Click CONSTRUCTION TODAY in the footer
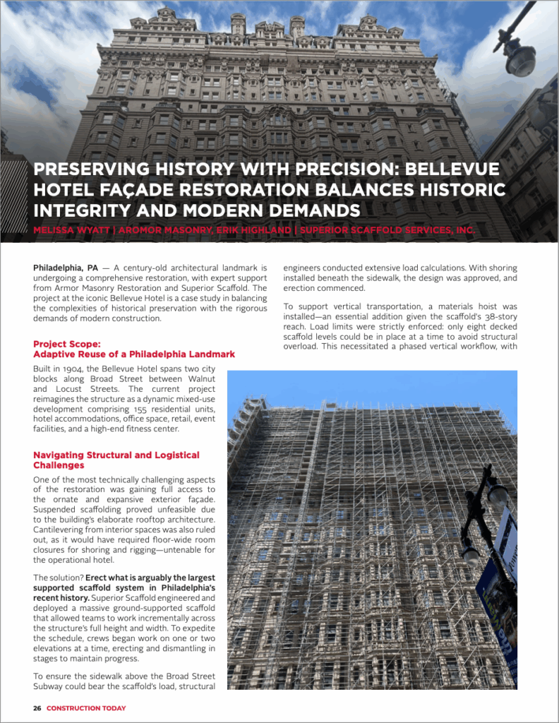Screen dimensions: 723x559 (86, 708)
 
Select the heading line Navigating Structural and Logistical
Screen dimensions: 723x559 (116, 455)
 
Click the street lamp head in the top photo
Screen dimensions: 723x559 (520, 59)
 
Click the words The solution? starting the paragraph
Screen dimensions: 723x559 (59, 578)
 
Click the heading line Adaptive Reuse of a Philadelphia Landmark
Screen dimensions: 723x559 (133, 354)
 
